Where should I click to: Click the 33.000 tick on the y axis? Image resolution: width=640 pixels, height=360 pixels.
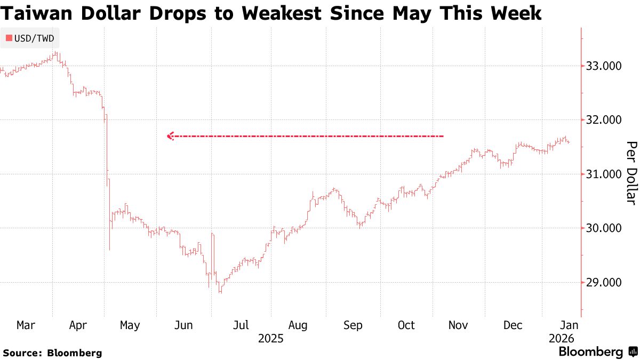coord(603,66)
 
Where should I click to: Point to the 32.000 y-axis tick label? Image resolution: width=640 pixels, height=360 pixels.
coord(603,120)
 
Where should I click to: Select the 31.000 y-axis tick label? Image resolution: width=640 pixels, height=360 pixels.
coord(603,174)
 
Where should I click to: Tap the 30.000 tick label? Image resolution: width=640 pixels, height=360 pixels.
coord(603,228)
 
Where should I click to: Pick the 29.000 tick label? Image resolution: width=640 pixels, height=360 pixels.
coord(603,283)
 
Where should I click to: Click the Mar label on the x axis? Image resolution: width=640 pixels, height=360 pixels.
coord(26,325)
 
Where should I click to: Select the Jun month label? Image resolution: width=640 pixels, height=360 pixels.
coord(183,325)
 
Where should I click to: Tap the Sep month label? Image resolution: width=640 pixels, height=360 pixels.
coord(353,325)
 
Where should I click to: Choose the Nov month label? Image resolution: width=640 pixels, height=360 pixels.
coord(459,325)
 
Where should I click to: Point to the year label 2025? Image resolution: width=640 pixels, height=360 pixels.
coord(270,339)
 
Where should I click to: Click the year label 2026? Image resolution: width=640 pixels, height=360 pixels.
coord(561,339)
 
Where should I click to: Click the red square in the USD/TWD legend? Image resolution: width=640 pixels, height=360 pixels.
coord(8,38)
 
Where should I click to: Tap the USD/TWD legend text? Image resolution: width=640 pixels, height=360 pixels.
coord(34,38)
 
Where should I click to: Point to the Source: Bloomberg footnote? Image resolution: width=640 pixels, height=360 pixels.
coord(52,353)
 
